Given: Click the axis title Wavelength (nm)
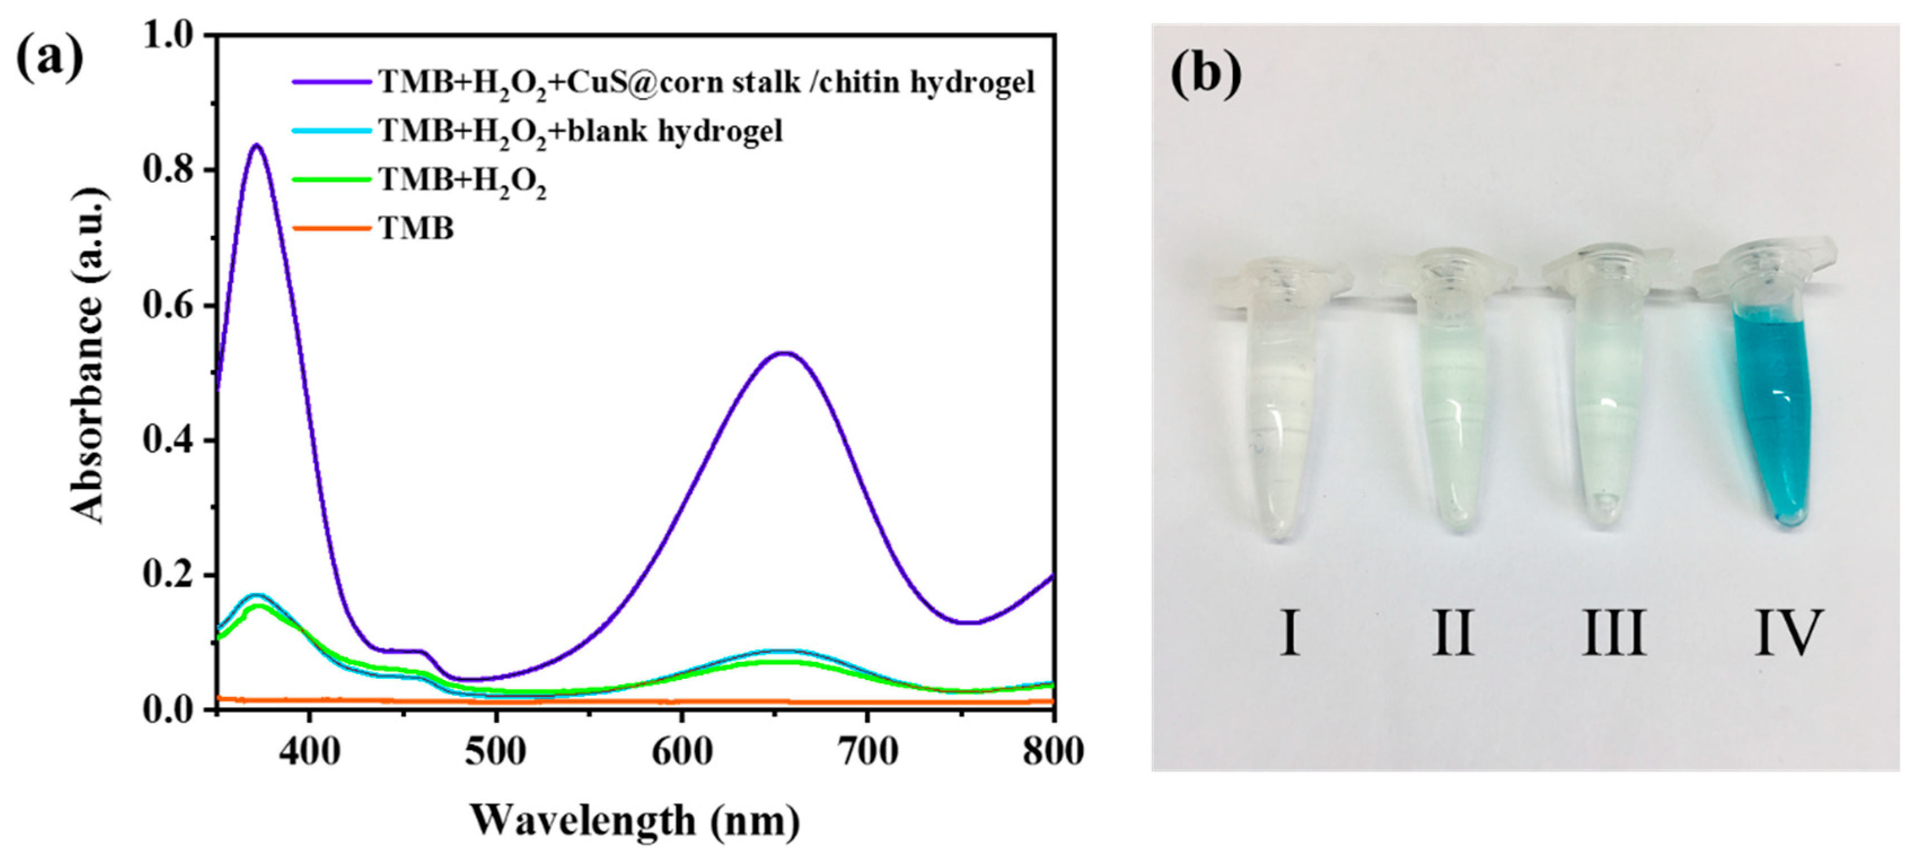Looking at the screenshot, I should click(635, 821).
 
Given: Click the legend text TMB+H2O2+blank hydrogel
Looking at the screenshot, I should click(580, 131).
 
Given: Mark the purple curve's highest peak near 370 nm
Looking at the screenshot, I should click(257, 145).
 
